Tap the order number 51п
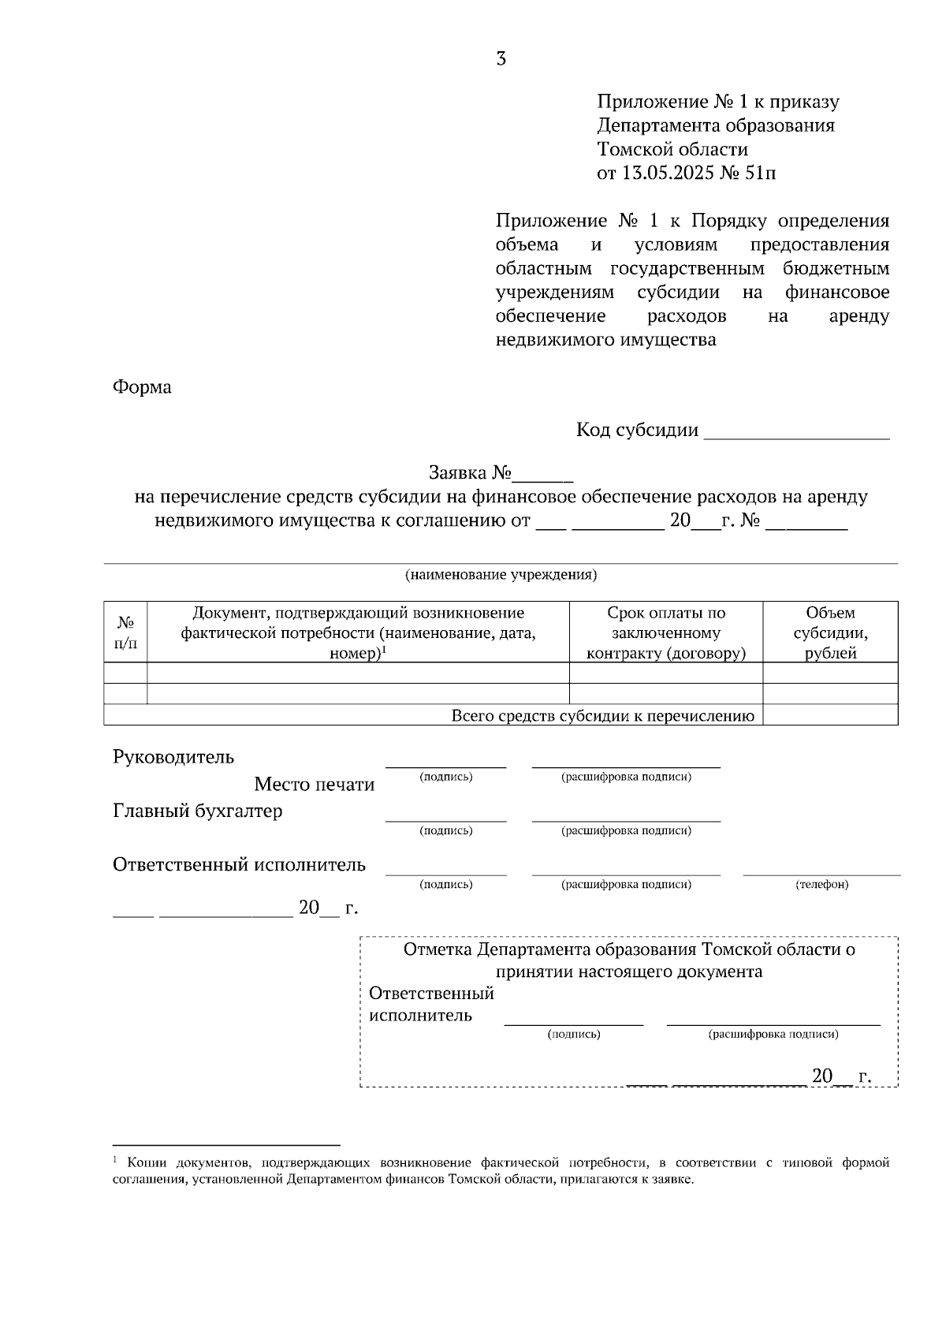tap(760, 173)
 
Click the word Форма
tap(142, 387)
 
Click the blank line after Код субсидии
tap(796, 432)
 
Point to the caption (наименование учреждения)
tap(501, 575)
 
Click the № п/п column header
tap(125, 632)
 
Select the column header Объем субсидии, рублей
tap(830, 632)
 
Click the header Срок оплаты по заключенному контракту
tap(666, 632)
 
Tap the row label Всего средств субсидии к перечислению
tap(602, 716)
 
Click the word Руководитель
tap(173, 757)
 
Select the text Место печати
tap(314, 785)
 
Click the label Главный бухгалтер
tap(197, 811)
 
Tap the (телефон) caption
tap(822, 885)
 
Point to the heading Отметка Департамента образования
tap(628, 949)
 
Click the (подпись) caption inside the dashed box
tap(573, 1034)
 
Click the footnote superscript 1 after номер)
tap(384, 650)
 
